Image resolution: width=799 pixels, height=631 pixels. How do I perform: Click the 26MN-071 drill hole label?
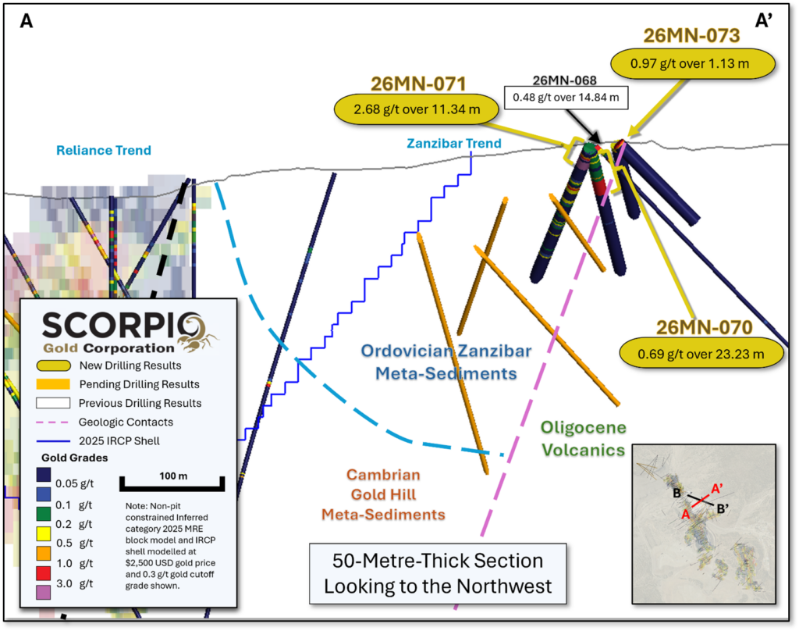[418, 84]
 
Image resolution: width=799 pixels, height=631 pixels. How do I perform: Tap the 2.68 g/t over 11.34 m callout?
[417, 109]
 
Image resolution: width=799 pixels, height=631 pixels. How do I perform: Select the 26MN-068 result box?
[566, 98]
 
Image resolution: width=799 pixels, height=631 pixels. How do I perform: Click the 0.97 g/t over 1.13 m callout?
[693, 64]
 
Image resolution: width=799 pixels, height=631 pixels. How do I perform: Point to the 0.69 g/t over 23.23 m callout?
[701, 354]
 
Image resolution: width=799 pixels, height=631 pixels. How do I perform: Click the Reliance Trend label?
[104, 151]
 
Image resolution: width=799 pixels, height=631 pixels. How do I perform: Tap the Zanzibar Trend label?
[453, 144]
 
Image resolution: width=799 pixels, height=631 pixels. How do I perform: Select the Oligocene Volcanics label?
[584, 439]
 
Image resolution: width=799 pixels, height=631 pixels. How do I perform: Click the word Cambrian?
[383, 475]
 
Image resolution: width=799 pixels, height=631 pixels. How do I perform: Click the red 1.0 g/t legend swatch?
[44, 573]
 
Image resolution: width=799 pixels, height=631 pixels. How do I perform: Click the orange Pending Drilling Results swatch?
[53, 384]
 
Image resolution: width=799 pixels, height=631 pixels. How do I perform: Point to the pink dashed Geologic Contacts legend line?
[53, 422]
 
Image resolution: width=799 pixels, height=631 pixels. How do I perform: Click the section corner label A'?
[763, 21]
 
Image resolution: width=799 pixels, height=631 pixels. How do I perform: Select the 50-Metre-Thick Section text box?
[439, 573]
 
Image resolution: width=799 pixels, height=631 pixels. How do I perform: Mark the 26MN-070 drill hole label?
[704, 327]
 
